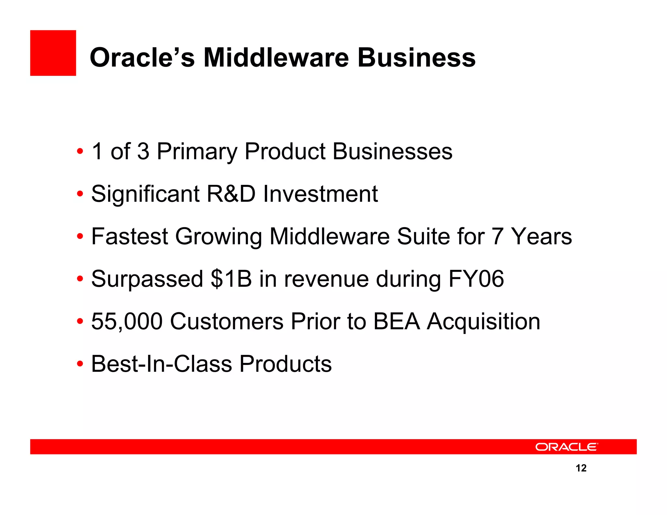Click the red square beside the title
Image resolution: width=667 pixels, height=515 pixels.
pyautogui.click(x=53, y=53)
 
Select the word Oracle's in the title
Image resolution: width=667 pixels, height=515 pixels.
pyautogui.click(x=142, y=58)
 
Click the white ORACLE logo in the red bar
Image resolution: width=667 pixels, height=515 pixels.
pyautogui.click(x=566, y=447)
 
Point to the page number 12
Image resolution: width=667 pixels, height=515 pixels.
pyautogui.click(x=581, y=468)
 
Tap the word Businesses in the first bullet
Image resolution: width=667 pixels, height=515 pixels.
pyautogui.click(x=392, y=151)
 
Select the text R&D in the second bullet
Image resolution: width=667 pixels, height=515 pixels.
pyautogui.click(x=231, y=194)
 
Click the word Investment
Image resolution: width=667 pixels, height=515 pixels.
pyautogui.click(x=320, y=194)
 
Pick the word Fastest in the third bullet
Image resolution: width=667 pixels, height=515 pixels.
pyautogui.click(x=129, y=236)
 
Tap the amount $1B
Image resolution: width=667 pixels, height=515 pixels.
pyautogui.click(x=231, y=279)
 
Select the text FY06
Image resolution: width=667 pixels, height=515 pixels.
pyautogui.click(x=476, y=279)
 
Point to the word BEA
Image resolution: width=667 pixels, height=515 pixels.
pyautogui.click(x=396, y=322)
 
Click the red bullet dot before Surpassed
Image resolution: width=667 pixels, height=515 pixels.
pyautogui.click(x=80, y=279)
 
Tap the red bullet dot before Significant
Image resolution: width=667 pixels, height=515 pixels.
pyautogui.click(x=80, y=194)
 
